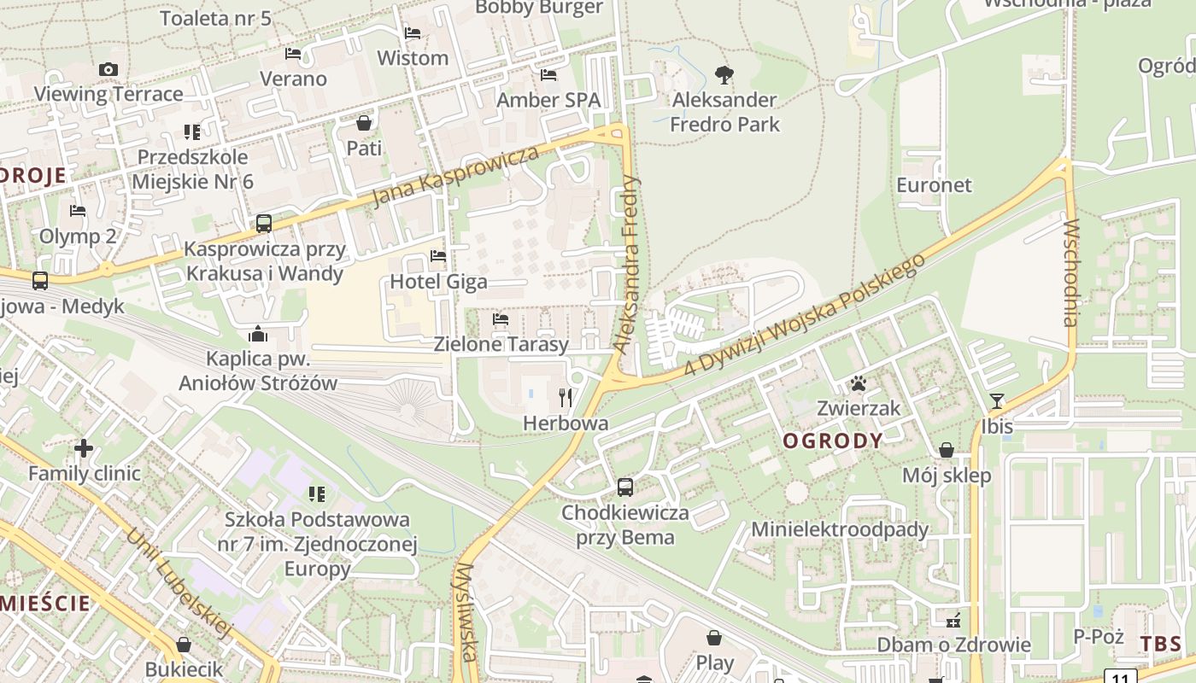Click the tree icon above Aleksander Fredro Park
coord(724,75)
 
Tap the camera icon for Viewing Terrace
coord(108,70)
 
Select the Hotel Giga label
coord(438,281)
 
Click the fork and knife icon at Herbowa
coord(565,397)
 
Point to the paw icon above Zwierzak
coord(859,383)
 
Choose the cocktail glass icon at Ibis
coord(997,401)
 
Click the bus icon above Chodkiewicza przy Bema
coord(625,487)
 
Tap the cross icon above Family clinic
coord(84,447)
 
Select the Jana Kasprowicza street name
coord(456,177)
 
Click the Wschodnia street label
coord(1070,272)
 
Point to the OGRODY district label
coord(833,441)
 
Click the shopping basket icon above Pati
coord(364,123)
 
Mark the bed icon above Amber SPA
coord(548,75)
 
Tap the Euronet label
coord(934,184)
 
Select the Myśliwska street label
coord(465,611)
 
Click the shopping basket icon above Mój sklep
coord(947,450)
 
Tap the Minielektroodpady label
coord(839,529)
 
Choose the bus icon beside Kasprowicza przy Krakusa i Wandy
coord(264,224)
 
